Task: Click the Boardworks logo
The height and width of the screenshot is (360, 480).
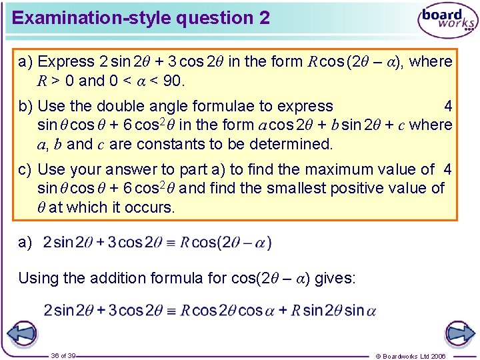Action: (447, 21)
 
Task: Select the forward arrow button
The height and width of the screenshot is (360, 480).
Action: (459, 333)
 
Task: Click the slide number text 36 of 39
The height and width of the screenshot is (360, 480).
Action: (63, 356)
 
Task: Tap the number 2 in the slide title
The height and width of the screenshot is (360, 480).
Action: (265, 18)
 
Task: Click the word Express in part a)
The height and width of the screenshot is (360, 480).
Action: (67, 62)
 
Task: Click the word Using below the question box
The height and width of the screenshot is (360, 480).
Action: (37, 278)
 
